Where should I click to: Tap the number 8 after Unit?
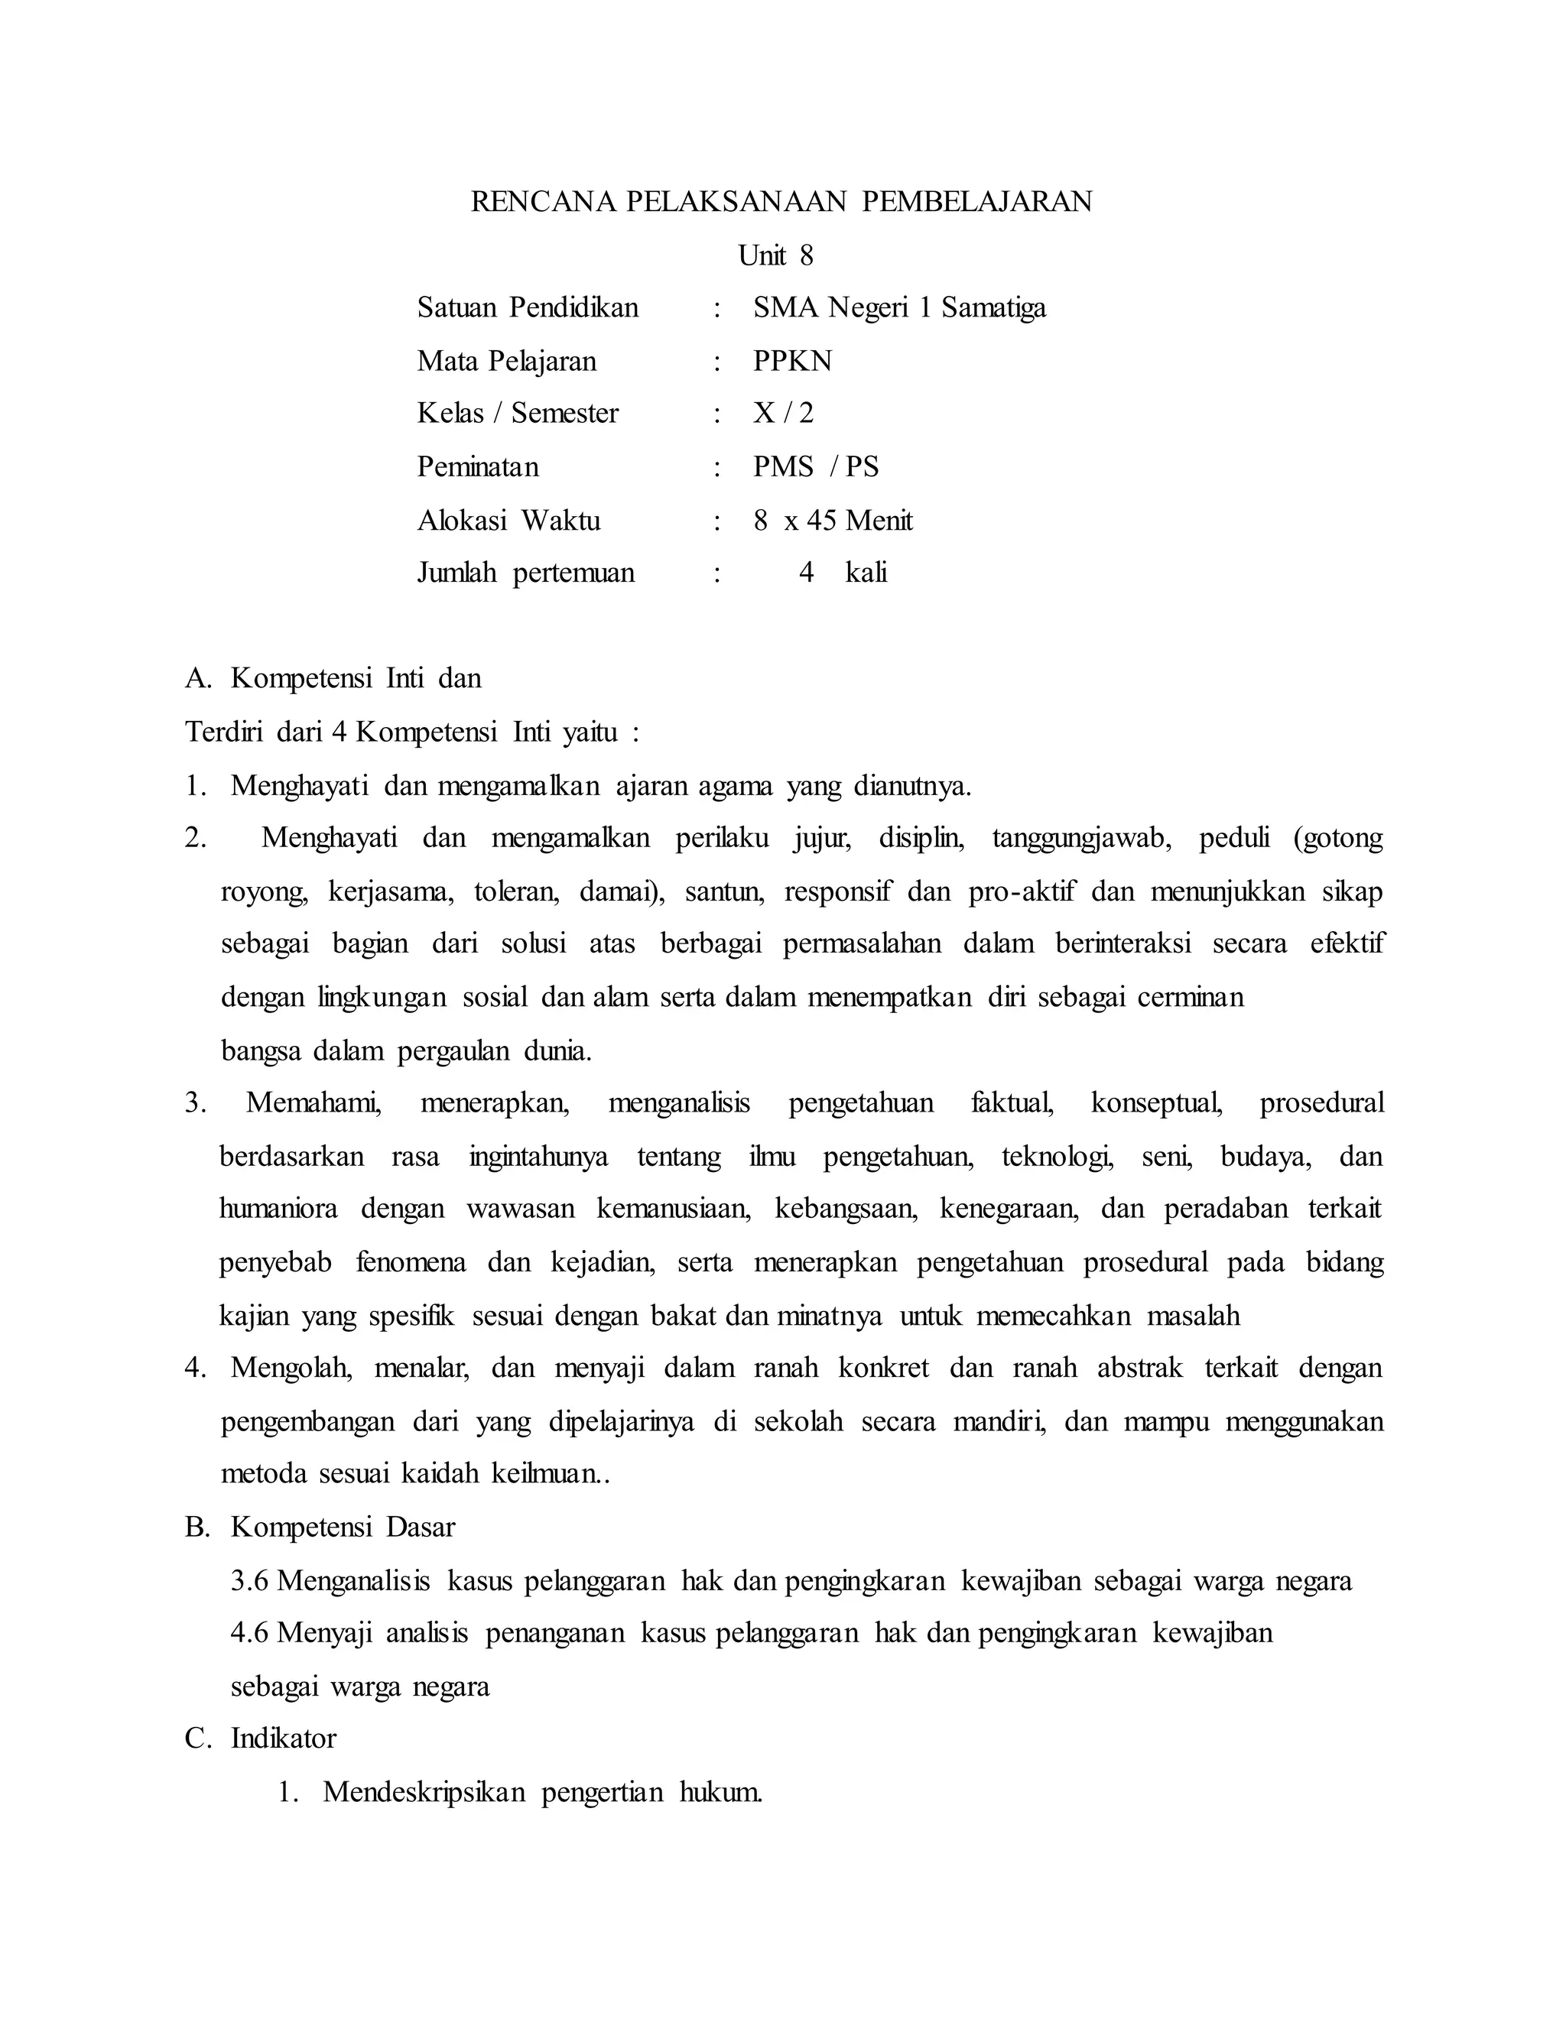(x=805, y=256)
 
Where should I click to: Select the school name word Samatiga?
(x=993, y=308)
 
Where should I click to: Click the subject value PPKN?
(x=792, y=361)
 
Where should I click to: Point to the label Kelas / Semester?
(x=518, y=414)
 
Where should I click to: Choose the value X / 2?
(x=783, y=414)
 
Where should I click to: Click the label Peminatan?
(x=478, y=466)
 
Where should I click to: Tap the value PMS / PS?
(x=815, y=466)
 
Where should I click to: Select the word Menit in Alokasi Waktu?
(x=879, y=521)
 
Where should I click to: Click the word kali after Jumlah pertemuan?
(x=866, y=573)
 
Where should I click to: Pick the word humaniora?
(x=278, y=1209)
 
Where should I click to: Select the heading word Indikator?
(x=283, y=1739)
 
